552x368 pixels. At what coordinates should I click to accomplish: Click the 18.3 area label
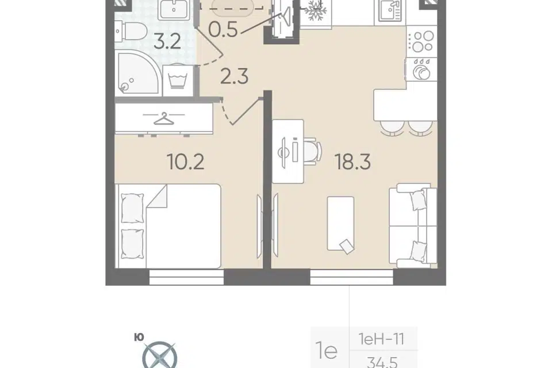[352, 162]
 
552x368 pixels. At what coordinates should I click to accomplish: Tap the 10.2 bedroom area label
[186, 162]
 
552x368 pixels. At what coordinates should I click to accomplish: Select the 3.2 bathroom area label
[167, 41]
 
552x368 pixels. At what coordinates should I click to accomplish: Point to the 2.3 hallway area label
[234, 76]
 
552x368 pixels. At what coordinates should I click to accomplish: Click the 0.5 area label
[223, 29]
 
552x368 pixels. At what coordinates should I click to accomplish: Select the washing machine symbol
[178, 80]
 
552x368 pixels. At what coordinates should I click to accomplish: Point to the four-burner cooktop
[421, 41]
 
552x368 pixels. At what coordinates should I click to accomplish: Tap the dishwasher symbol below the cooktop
[421, 69]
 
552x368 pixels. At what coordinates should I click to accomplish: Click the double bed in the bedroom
[168, 226]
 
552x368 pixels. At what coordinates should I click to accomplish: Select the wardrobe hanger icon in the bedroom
[164, 118]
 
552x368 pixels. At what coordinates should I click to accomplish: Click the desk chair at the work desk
[312, 151]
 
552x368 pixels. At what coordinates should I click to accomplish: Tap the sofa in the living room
[413, 225]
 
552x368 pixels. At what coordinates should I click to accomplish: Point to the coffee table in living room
[340, 224]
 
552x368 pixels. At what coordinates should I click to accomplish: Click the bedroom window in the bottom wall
[186, 277]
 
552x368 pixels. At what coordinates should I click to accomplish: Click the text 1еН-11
[382, 339]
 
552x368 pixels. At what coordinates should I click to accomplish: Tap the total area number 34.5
[382, 362]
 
